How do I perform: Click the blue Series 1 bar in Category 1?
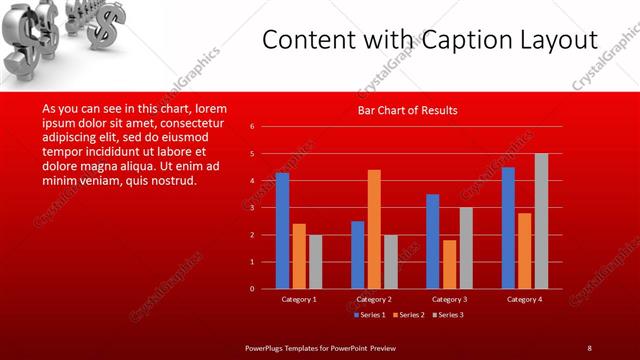(x=282, y=231)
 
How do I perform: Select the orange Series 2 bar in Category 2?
(x=374, y=229)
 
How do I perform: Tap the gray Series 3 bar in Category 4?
(x=541, y=221)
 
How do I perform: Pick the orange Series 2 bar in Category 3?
(x=449, y=264)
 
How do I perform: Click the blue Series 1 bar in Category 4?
(x=508, y=228)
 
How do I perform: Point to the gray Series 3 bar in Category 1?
(x=315, y=262)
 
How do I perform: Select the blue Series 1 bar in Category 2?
(x=357, y=255)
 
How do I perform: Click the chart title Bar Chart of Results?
(x=408, y=110)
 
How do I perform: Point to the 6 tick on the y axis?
(x=252, y=127)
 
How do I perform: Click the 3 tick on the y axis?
(x=252, y=208)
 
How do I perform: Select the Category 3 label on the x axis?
(x=449, y=299)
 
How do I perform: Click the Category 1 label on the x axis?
(x=299, y=299)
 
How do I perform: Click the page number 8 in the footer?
(x=589, y=347)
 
